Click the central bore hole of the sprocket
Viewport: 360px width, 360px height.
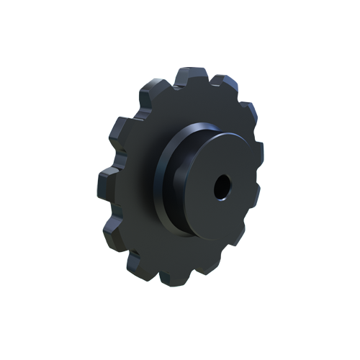(x=220, y=186)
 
